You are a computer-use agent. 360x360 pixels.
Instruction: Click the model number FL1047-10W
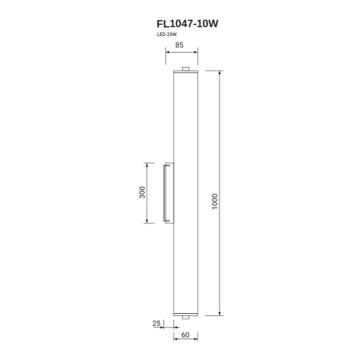click(x=182, y=23)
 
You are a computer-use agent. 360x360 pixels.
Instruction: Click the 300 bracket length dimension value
click(x=143, y=193)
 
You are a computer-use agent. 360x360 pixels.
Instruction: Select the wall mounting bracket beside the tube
click(x=168, y=193)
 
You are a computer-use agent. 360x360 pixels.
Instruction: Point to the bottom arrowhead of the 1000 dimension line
click(x=220, y=315)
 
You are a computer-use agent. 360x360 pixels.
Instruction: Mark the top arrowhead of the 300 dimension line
click(x=149, y=165)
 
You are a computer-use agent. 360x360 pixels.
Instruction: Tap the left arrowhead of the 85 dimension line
click(x=167, y=53)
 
